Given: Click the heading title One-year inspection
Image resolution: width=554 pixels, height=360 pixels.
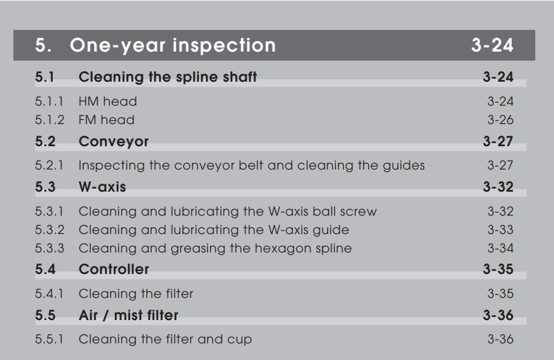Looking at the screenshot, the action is tap(173, 46).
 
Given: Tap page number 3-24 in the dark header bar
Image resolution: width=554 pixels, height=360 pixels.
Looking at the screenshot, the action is tap(492, 45).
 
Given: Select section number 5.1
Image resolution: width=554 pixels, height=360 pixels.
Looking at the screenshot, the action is tap(45, 77).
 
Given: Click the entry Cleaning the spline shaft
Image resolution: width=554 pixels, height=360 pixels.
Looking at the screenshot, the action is tap(168, 77).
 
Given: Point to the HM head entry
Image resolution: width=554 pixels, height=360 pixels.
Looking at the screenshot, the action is tap(107, 102).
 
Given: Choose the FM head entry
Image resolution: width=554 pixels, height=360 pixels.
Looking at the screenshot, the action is tap(106, 120).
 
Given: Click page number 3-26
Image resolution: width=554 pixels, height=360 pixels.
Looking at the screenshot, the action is tap(501, 120).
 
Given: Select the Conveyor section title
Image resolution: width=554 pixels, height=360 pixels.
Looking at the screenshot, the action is tap(114, 142).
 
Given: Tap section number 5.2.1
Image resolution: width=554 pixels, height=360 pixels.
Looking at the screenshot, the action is tap(49, 165).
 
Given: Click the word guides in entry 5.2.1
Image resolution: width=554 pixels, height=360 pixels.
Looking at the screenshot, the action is tap(404, 166).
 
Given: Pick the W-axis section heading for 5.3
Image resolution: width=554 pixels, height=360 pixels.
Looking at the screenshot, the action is tap(102, 187).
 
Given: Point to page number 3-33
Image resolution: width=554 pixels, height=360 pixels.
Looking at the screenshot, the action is tap(501, 230).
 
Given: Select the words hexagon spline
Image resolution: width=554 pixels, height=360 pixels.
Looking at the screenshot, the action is tap(303, 248).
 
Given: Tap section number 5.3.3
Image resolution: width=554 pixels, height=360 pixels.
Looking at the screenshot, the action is tap(50, 248).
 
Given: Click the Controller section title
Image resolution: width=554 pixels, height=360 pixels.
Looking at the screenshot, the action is tap(114, 270).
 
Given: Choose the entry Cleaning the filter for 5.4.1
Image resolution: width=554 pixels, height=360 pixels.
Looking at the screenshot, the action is tap(136, 294).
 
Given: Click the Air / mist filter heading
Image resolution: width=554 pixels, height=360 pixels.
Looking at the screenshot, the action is tap(128, 315).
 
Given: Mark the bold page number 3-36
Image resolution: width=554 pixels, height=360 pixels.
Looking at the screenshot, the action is tap(498, 315).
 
